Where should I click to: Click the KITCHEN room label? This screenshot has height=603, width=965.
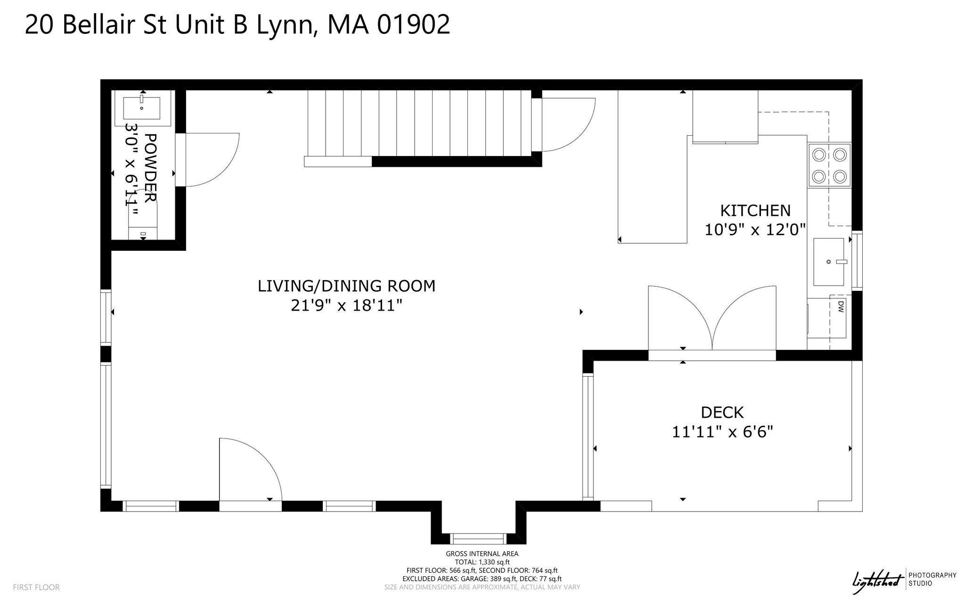point(755,210)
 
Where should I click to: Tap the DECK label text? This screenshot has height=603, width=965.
point(722,413)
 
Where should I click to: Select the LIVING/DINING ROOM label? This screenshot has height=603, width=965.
point(346,286)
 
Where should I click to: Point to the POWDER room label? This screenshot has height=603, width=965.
point(150,168)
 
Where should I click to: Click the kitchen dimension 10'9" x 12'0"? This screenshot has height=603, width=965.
point(755,230)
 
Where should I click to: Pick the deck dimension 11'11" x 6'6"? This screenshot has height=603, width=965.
point(722,432)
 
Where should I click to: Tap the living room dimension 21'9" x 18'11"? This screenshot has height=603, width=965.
point(346,306)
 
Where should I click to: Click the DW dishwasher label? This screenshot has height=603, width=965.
point(841,307)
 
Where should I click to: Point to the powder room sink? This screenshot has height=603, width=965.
point(142,108)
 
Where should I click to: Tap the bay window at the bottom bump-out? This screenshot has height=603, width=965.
point(478,538)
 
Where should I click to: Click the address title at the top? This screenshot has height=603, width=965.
point(237,25)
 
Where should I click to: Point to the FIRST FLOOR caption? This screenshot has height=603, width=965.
point(36,587)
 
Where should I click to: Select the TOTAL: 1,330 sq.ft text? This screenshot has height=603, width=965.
point(482,562)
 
